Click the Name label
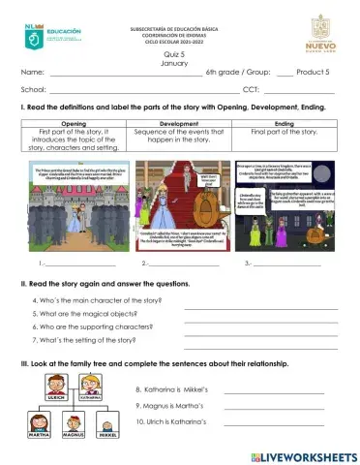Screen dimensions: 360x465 click(x=32, y=74)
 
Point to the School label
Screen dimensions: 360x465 click(x=34, y=89)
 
